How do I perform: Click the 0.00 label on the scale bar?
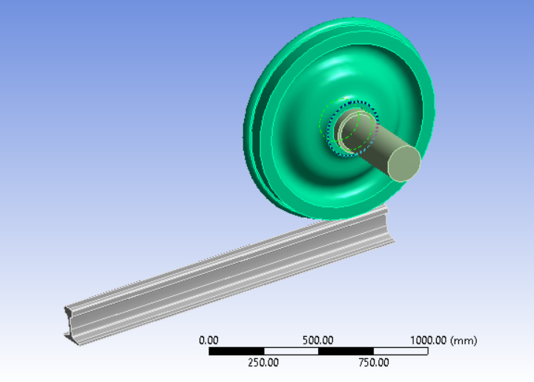click(208, 340)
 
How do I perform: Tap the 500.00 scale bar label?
click(318, 340)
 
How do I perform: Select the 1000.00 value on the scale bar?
click(432, 340)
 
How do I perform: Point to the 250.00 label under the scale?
click(263, 362)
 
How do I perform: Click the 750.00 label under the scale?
click(373, 362)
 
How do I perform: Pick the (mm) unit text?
click(465, 340)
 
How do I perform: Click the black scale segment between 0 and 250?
click(236, 351)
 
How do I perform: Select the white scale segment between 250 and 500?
click(291, 351)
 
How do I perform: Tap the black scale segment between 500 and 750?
click(346, 351)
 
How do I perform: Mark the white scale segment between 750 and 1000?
click(400, 351)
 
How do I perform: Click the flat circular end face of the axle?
click(405, 164)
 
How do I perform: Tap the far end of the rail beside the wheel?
click(389, 222)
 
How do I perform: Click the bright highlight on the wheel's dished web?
click(326, 81)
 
